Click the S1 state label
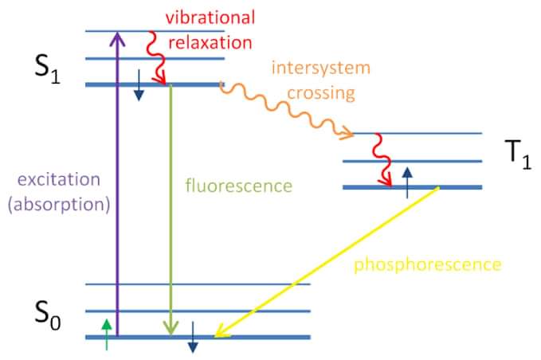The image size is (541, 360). click(48, 69)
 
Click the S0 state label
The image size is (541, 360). click(48, 315)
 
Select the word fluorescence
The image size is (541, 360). click(239, 186)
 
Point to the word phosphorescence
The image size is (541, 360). click(428, 265)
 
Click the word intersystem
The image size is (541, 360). click(321, 67)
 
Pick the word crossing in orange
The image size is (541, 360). click(321, 93)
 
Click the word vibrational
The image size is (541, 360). click(210, 18)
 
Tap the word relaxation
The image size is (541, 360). click(210, 42)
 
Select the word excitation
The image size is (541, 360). click(59, 180)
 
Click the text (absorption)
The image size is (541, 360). click(59, 205)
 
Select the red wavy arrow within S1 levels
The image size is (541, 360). click(154, 57)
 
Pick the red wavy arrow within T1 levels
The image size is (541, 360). click(383, 159)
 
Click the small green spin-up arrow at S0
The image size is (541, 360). click(107, 335)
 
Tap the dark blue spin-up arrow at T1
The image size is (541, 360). click(407, 182)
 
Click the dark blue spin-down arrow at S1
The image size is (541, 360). click(139, 85)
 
